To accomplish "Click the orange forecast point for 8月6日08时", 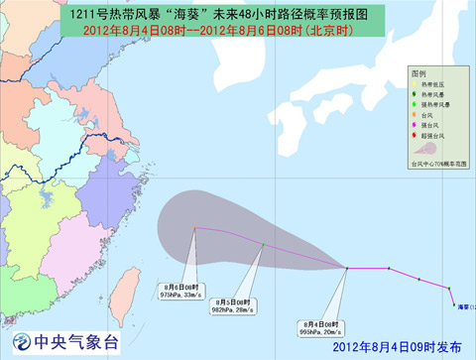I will point(194,229).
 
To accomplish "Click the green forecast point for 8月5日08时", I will point(263,244).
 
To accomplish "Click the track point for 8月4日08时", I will point(345,268).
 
